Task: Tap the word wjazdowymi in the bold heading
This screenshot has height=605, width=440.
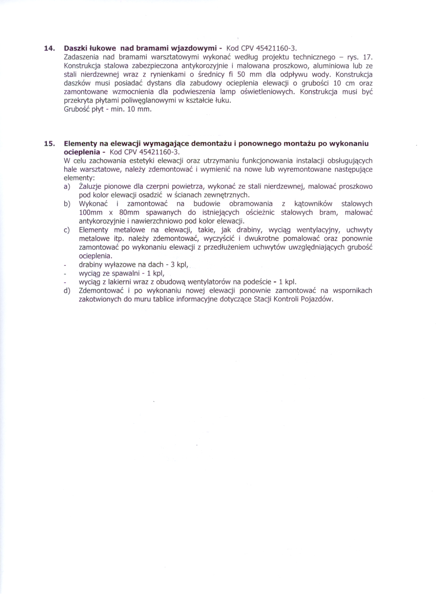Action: pos(193,48)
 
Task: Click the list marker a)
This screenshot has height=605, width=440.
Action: pos(67,187)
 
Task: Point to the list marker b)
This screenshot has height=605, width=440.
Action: pos(67,204)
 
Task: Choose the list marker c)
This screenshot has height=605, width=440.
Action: pos(67,230)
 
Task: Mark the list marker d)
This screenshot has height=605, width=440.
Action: pos(67,291)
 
